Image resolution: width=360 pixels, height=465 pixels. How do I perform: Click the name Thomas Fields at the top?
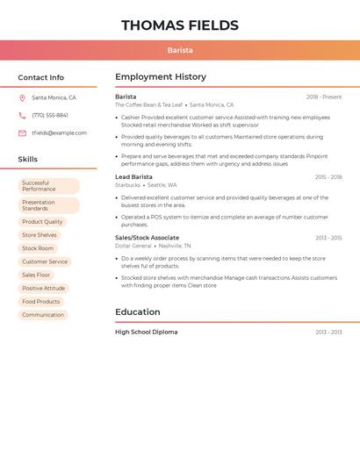tap(180, 25)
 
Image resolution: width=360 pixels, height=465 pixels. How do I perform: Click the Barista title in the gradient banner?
tap(180, 50)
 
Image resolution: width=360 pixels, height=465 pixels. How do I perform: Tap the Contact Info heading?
tap(41, 77)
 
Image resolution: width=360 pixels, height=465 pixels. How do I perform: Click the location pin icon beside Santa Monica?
tap(22, 98)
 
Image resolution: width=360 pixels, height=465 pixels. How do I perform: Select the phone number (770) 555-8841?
tap(50, 116)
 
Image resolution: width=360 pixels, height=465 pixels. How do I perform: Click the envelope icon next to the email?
tap(22, 133)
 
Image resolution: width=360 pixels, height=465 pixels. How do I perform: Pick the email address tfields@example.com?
tap(60, 133)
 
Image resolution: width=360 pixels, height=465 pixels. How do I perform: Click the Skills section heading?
tap(28, 160)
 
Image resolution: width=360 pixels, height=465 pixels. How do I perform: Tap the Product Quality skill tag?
tap(42, 222)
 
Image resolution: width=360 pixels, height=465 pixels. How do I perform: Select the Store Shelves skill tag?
tap(40, 235)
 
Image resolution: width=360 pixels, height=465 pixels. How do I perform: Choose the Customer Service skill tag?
tap(45, 261)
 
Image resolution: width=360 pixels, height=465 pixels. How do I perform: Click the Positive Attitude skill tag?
tap(44, 289)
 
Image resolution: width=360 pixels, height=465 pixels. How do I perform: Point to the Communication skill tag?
tap(43, 315)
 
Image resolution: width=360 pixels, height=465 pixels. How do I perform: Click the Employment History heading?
tap(161, 77)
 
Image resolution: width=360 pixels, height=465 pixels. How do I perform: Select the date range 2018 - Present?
tap(324, 97)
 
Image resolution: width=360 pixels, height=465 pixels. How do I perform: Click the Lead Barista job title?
tap(133, 177)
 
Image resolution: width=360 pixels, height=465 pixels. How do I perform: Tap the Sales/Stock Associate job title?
tap(147, 238)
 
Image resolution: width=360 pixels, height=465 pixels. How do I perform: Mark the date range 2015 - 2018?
tap(328, 177)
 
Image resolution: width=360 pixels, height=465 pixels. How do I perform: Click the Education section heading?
tap(138, 312)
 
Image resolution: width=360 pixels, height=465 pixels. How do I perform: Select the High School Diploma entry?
tap(146, 333)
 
